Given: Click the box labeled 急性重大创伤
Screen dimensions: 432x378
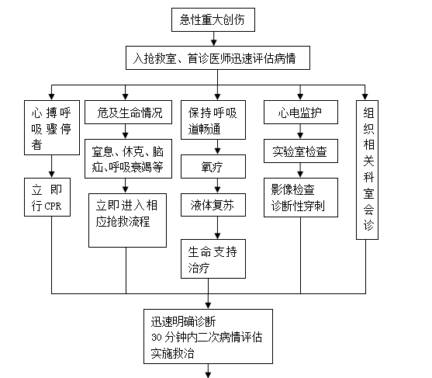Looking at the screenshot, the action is click(213, 19).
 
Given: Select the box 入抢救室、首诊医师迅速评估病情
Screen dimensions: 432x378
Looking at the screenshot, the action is click(218, 57).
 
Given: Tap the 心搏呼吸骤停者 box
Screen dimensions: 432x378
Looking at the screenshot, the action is click(52, 127).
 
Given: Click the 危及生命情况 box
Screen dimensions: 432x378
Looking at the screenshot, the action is click(128, 112).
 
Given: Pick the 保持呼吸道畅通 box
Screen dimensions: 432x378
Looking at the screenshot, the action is click(213, 120).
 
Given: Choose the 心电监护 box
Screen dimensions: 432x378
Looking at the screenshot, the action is click(301, 112).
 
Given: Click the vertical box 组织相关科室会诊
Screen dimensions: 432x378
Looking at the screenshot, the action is click(367, 170).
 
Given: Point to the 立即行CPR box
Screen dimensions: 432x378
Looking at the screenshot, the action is click(47, 197).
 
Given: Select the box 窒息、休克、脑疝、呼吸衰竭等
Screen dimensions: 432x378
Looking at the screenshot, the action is click(128, 158).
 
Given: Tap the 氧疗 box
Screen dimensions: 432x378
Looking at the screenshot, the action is click(213, 166).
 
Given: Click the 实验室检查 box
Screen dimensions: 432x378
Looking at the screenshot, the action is click(301, 151).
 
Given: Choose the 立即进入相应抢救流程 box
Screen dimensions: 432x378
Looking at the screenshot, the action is click(127, 220).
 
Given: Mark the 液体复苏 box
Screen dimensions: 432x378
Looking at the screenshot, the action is click(213, 205).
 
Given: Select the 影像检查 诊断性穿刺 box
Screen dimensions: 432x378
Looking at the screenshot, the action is click(301, 197).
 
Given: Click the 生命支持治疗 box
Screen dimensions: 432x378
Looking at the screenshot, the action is click(213, 258).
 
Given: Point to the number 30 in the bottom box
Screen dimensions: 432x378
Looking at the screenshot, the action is click(157, 337).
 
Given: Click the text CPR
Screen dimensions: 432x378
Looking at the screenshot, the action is click(53, 206).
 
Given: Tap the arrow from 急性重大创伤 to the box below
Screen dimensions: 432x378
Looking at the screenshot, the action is click(213, 39).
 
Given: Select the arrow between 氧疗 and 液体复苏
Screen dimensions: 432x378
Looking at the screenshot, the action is click(217, 186).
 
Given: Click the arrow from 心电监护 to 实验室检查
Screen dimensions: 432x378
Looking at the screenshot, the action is click(300, 131).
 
